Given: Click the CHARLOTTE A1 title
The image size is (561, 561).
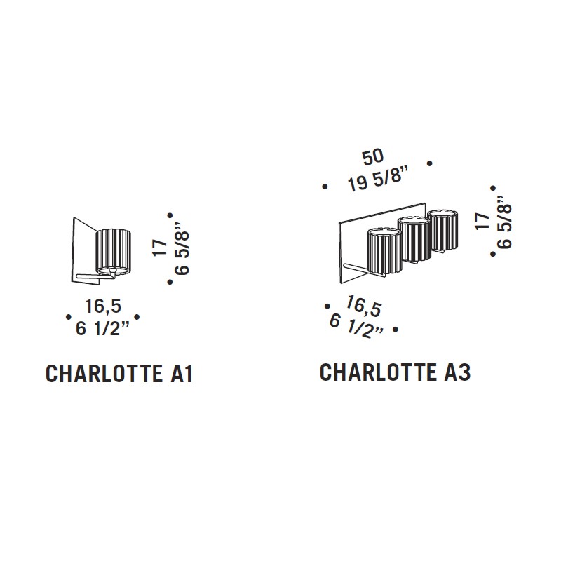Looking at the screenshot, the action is tap(119, 374).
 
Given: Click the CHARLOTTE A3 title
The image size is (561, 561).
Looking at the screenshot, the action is tap(395, 372).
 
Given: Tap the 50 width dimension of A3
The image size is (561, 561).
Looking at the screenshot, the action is tap(373, 156).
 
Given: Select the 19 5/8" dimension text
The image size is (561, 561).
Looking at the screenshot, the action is tap(379, 178).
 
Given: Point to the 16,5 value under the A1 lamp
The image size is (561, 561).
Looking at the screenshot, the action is tap(103, 306).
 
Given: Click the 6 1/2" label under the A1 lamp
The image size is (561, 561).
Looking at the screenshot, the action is tap(102, 328).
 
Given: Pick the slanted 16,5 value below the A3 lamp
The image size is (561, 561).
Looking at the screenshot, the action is tap(364, 306).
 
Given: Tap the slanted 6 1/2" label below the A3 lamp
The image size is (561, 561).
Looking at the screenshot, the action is tap(356, 326).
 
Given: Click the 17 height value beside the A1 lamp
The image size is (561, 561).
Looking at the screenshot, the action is tap(160, 248).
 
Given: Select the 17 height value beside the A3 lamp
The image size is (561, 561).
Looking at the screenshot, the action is tap(483, 221).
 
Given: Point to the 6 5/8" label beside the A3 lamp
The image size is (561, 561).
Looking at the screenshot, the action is tap(504, 222).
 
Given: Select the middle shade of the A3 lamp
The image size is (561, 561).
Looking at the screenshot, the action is tap(414, 240).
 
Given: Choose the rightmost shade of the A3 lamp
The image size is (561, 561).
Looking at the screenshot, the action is tap(443, 231).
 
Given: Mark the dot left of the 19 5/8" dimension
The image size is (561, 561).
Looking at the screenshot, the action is tap(325, 187).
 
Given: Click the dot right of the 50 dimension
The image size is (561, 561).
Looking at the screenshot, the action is tap(430, 163).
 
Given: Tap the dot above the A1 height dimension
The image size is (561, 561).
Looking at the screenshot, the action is tap(170, 215).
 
